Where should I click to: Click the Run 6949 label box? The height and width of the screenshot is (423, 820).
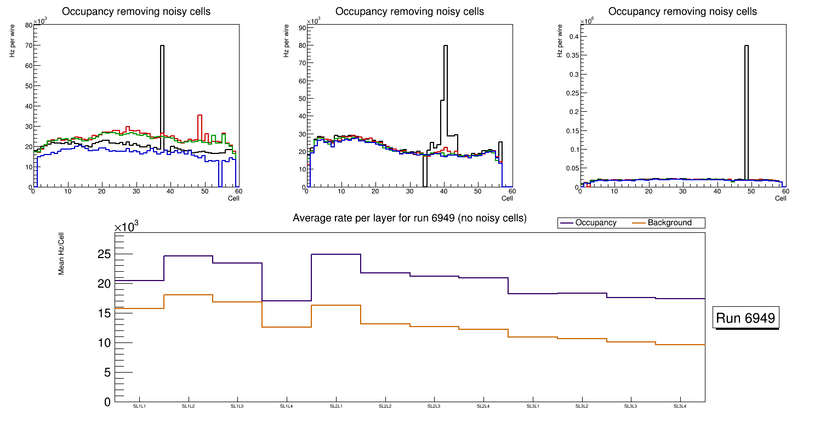pos(746,318)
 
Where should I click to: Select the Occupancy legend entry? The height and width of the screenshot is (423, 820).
pos(595,223)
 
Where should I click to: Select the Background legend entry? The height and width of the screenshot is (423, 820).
pos(669,223)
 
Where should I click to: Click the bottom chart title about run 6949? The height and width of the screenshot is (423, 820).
pos(409,218)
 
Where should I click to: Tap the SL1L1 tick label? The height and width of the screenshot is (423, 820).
pos(139,407)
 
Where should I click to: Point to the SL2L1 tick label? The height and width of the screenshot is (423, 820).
pos(336,407)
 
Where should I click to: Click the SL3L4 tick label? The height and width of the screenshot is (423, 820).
pos(680,407)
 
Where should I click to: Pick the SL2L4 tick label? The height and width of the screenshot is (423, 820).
pos(483,407)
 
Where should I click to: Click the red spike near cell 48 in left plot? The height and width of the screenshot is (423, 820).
pos(200,116)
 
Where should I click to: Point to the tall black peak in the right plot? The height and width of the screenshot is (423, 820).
pos(747,46)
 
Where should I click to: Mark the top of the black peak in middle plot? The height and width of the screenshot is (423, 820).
pos(446,46)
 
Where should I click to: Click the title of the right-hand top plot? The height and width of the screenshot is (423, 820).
pos(682,12)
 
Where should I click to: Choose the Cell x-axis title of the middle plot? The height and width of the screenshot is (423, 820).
pos(507,198)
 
